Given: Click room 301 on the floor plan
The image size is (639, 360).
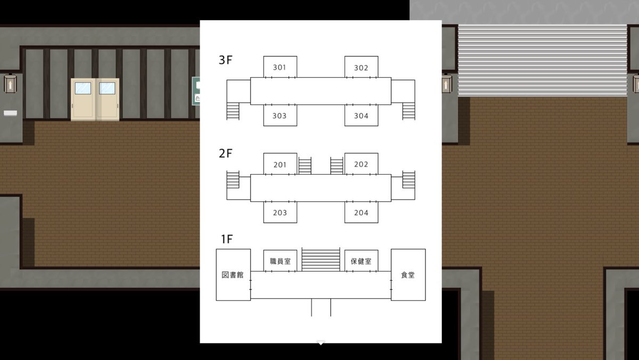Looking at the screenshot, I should coord(280,67).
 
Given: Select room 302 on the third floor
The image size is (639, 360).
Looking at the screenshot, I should coord(361,68).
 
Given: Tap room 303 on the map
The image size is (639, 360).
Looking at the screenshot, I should coord(280,116).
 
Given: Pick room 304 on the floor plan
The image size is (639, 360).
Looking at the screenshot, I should coord(361,116).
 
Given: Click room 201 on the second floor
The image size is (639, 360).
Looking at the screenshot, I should coord(280,165).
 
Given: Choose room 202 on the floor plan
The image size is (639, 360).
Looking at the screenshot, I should coord(361,164).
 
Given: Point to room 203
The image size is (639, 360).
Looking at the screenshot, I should coord(280,212).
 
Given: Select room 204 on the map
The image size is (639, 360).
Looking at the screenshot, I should coord(361,212).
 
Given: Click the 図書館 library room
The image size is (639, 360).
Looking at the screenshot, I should coord(233,275).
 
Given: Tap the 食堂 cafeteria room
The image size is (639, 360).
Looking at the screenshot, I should coord(408,275).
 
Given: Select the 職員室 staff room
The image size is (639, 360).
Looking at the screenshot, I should coord(280,261).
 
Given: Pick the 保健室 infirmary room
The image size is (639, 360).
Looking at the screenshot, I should coord(361,261).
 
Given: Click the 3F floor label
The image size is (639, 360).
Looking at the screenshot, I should coord(226,60).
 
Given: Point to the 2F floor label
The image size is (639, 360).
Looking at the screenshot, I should coord(226,154).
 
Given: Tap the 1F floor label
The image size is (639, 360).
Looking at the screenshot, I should coord(226,239).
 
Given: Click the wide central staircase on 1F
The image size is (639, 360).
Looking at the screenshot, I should coord(321,259).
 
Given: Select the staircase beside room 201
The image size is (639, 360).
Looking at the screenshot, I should coord(305,166).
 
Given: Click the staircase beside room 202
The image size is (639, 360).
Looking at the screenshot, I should coord(337,166).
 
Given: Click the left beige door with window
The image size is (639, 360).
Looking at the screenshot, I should coord(83,100).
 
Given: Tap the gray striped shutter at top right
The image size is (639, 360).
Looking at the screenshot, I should coord(542,60).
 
